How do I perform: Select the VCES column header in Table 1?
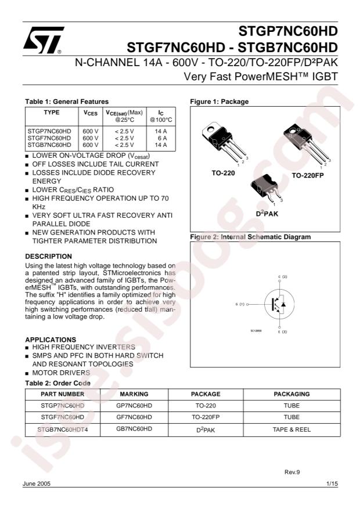[x=89, y=114]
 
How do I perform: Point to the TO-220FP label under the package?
[x=311, y=175]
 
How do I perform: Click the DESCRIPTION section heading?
[x=49, y=256]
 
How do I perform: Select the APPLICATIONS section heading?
[x=52, y=340]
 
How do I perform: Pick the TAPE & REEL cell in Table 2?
[x=291, y=429]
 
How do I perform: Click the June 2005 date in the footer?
[x=39, y=484]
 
